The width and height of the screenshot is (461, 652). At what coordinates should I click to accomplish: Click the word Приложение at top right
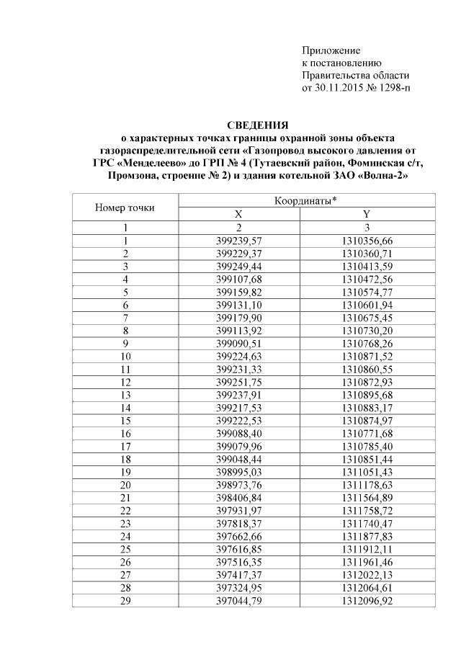[x=331, y=50]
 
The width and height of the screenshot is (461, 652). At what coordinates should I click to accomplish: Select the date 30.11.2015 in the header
[x=336, y=89]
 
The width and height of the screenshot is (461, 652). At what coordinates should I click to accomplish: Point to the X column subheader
[x=239, y=215]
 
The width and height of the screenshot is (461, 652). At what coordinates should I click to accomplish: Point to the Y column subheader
[x=366, y=215]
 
